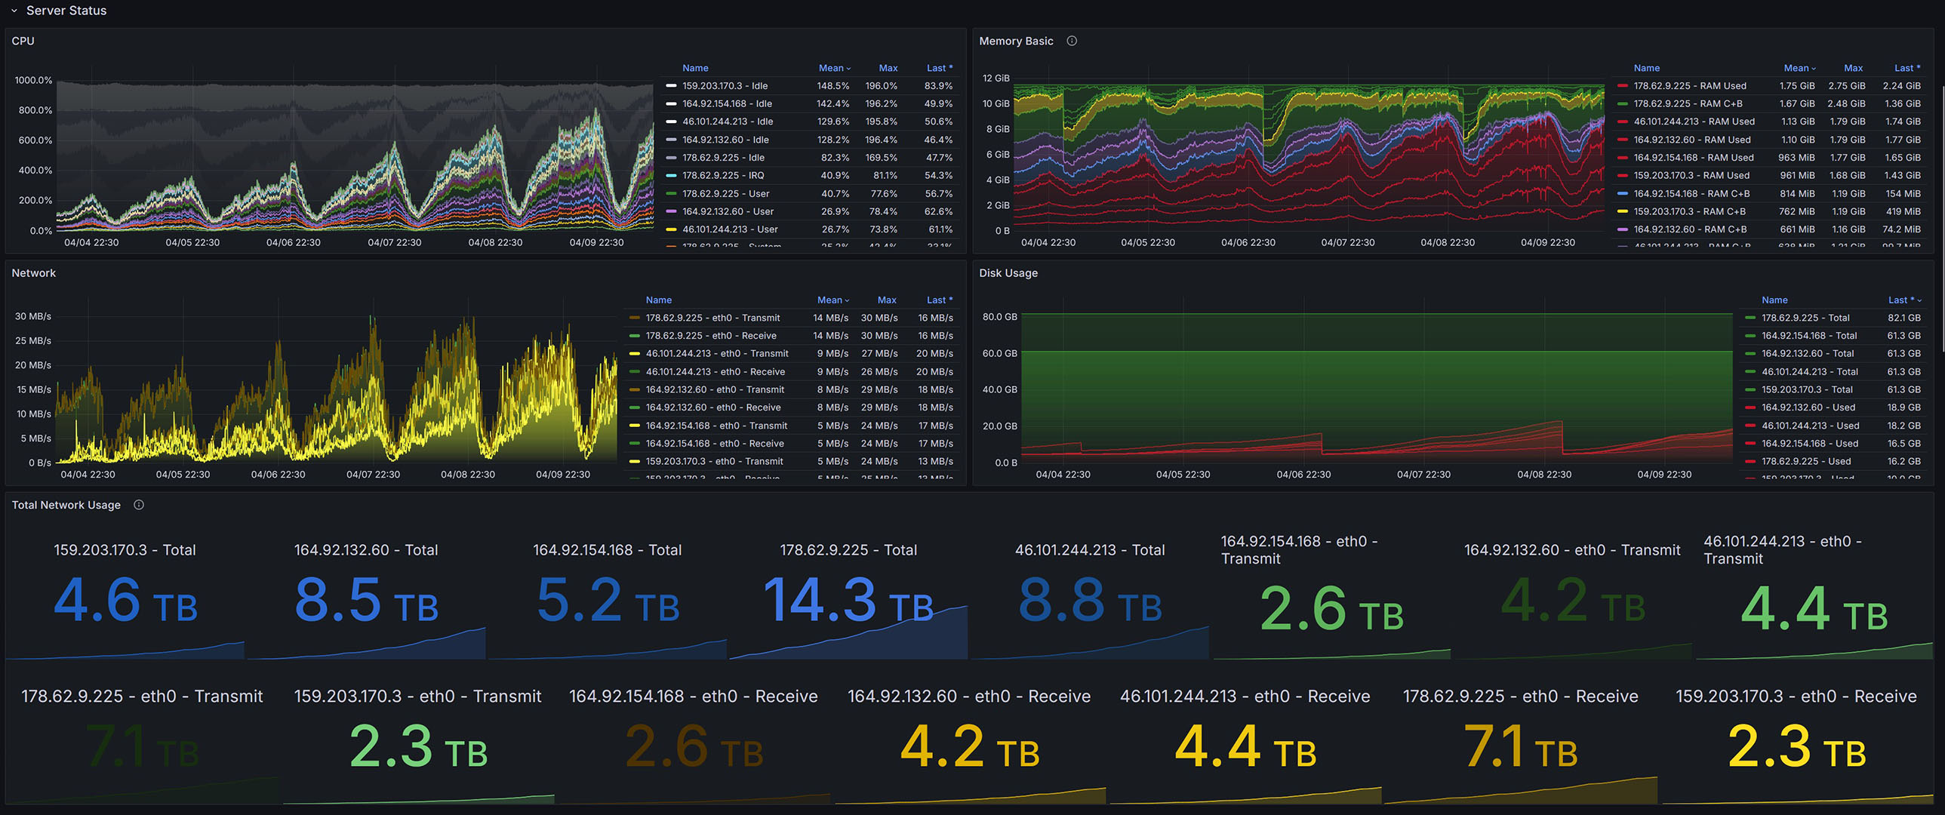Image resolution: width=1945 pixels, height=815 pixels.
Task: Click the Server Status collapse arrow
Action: tap(14, 11)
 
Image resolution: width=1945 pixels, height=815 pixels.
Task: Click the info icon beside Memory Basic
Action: tap(1072, 41)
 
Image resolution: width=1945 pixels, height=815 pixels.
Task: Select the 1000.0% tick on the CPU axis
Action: tap(33, 80)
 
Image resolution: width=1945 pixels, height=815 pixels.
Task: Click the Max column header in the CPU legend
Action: tap(888, 68)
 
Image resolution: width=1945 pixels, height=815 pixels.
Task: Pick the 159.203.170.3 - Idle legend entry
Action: tap(724, 86)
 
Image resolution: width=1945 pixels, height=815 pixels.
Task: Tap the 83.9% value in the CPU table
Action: tap(937, 86)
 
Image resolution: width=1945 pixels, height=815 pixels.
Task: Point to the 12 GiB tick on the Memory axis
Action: tap(996, 78)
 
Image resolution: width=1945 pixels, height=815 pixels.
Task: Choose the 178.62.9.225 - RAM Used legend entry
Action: tap(1689, 86)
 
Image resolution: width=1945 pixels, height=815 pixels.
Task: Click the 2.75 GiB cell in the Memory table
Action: tap(1846, 86)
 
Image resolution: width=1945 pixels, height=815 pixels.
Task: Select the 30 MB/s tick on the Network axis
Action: tap(33, 316)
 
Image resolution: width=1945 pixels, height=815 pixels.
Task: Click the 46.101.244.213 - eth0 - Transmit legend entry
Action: tap(716, 353)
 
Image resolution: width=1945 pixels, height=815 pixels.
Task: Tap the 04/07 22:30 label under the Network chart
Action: tap(373, 475)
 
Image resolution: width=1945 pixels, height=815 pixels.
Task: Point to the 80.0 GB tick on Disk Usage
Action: tap(999, 317)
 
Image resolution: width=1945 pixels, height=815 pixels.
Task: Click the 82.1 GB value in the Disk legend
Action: tap(1903, 318)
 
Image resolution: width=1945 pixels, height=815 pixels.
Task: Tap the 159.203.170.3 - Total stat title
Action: tap(125, 550)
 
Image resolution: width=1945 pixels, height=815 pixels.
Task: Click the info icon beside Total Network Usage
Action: tap(139, 505)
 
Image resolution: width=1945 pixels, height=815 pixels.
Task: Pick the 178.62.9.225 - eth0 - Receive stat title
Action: tap(1520, 697)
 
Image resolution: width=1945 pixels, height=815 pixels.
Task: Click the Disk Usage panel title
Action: tap(1008, 273)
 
